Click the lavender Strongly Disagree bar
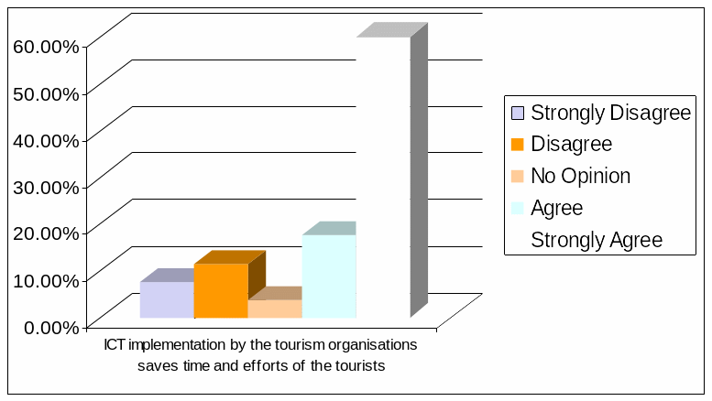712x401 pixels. pyautogui.click(x=167, y=299)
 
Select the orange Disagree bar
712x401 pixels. pyautogui.click(x=221, y=290)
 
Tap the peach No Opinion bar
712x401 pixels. pyautogui.click(x=275, y=309)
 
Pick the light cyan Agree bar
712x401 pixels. pyautogui.click(x=329, y=276)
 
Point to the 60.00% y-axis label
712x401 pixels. pyautogui.click(x=47, y=45)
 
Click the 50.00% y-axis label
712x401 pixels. pyautogui.click(x=47, y=92)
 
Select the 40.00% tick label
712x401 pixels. pyautogui.click(x=47, y=138)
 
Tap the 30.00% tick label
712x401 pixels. pyautogui.click(x=47, y=185)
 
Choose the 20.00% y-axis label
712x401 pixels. pyautogui.click(x=47, y=232)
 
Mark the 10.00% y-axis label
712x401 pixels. pyautogui.click(x=47, y=278)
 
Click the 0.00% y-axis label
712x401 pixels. pyautogui.click(x=50, y=325)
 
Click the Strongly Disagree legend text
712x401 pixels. pyautogui.click(x=610, y=113)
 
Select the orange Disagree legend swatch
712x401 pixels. pyautogui.click(x=518, y=144)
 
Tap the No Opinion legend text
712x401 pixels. pyautogui.click(x=581, y=176)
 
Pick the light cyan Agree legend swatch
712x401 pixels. pyautogui.click(x=518, y=208)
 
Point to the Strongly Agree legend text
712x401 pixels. pyautogui.click(x=597, y=240)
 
